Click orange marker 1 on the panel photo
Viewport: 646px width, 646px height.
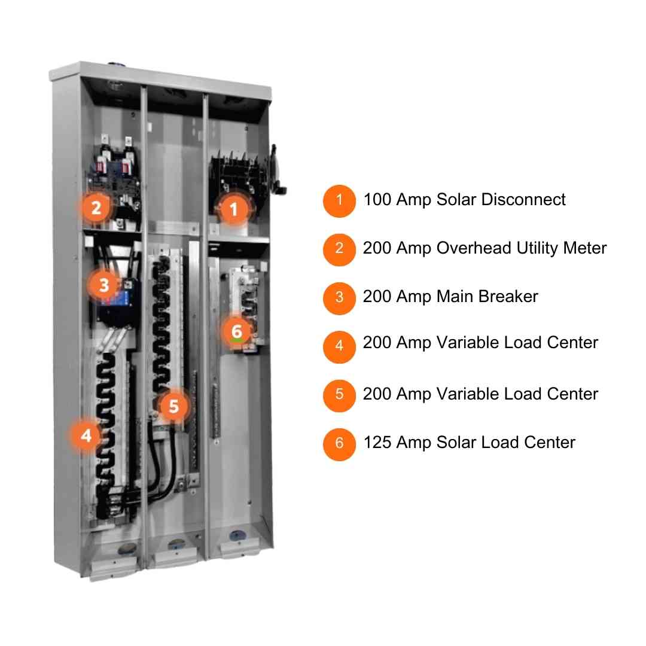click(234, 209)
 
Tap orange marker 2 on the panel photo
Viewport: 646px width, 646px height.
click(96, 207)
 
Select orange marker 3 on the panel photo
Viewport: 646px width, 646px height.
click(104, 285)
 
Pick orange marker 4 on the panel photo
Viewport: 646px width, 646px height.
click(86, 435)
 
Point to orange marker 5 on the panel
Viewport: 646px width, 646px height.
click(174, 406)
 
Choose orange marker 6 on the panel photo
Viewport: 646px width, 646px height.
click(236, 331)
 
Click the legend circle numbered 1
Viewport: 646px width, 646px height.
click(339, 200)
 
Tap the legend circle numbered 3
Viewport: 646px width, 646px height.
click(339, 298)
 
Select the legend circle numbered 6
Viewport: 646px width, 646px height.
click(339, 444)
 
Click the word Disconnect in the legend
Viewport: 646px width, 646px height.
click(523, 199)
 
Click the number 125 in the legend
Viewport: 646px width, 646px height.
click(377, 443)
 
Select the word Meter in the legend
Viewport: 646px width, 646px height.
click(584, 248)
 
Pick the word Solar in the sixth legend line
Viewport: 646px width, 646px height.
click(456, 443)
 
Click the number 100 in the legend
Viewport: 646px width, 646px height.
click(377, 199)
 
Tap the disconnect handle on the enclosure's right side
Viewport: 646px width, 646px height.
click(279, 170)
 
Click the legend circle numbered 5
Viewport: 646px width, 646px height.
click(339, 395)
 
